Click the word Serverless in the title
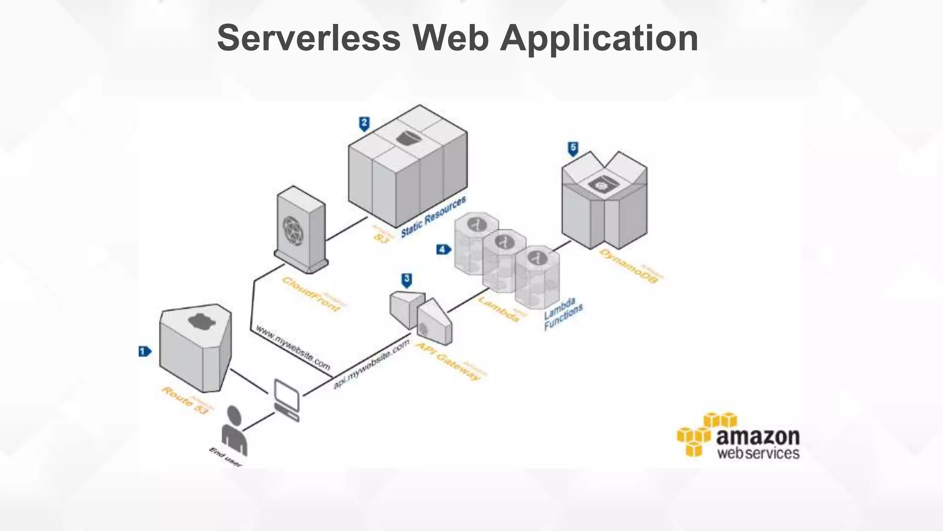tap(309, 38)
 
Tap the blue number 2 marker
tap(364, 124)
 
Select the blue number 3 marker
tap(407, 280)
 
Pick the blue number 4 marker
tap(443, 250)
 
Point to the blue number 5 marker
tap(573, 148)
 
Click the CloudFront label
tap(311, 294)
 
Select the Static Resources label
tap(433, 217)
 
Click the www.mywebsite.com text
tap(293, 348)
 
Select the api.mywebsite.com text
tap(371, 364)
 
